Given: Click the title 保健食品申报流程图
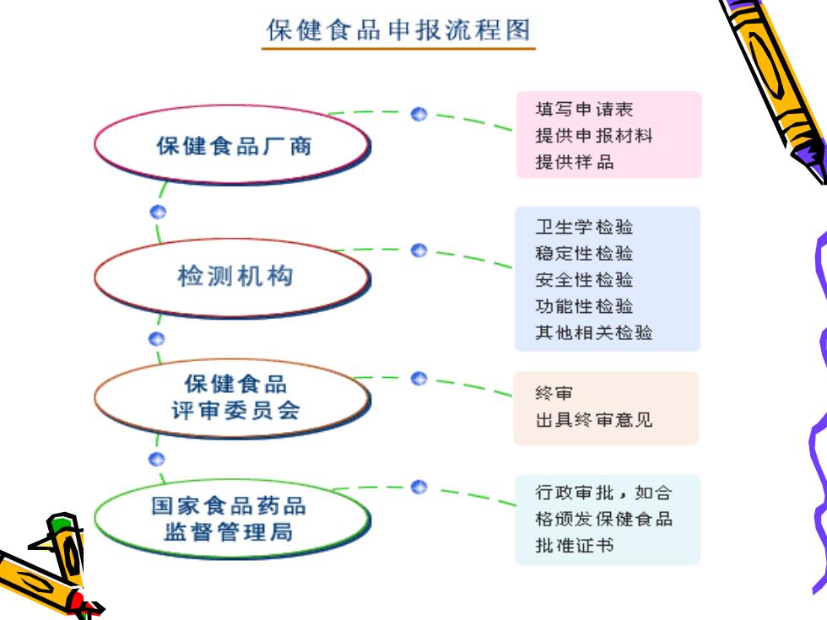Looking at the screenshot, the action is click(398, 30).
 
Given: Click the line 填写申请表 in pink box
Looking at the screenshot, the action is click(584, 109).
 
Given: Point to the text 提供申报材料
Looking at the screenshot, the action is click(594, 136).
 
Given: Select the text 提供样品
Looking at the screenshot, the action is click(575, 162).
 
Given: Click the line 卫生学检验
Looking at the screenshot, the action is click(584, 227).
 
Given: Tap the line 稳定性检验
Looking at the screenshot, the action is click(584, 253).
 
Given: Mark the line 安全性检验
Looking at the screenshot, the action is click(584, 279).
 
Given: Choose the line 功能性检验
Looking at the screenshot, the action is click(584, 305).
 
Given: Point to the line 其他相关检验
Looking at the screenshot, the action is click(594, 332).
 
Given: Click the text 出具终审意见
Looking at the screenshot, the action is click(594, 420).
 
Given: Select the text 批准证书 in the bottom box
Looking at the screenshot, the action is click(575, 545).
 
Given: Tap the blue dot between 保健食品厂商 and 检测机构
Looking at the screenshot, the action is click(158, 212).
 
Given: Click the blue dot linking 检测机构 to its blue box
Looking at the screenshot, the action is click(419, 250).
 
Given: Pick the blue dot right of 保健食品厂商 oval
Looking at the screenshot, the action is click(419, 114).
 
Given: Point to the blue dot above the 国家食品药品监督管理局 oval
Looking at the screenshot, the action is click(157, 459).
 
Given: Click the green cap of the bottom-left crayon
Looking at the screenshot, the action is click(62, 524).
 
